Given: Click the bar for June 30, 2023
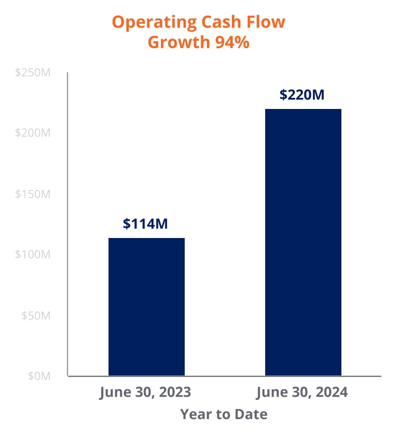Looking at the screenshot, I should pos(147,307).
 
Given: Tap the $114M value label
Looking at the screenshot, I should pos(145,224).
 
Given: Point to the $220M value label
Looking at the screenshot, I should pos(302,95).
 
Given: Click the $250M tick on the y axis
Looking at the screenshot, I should pos(33,72).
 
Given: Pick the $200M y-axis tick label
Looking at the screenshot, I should pos(33,133).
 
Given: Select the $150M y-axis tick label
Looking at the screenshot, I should pos(33,194).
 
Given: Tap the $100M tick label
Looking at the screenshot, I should pos(33,254).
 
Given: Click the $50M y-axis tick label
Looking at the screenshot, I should pos(35,315).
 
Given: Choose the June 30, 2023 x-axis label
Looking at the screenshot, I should pos(145,393).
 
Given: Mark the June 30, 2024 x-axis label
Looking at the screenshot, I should pos(302,393).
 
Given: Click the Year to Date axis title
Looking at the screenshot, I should pos(223,414).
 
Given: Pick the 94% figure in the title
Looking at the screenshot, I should pos(232,42).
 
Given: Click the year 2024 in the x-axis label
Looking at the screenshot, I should pos(331,393).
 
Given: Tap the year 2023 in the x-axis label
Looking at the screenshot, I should pos(175,393).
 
